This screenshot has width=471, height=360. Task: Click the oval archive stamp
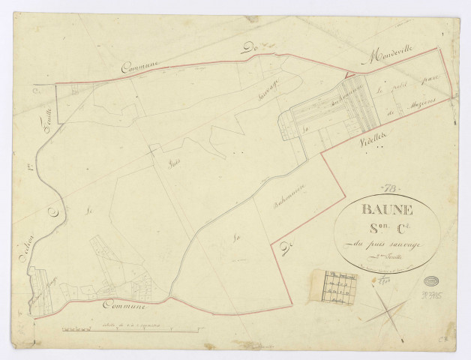click(433, 283)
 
